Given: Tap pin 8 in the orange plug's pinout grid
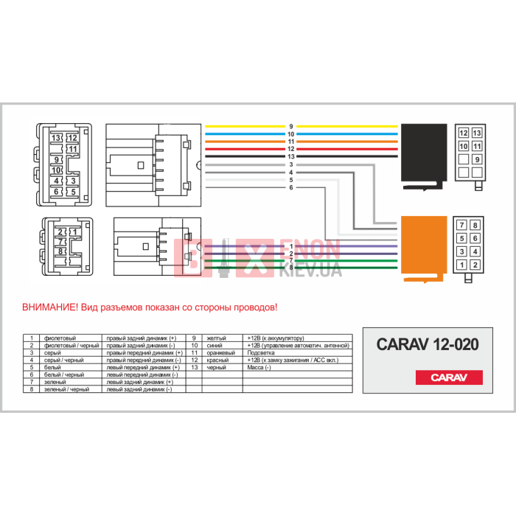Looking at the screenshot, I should (x=475, y=225).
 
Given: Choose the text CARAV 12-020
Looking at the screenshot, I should (x=428, y=344).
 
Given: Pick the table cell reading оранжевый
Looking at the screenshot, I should (x=221, y=352).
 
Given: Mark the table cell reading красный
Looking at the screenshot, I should (x=217, y=360).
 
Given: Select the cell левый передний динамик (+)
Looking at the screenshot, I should (x=142, y=367).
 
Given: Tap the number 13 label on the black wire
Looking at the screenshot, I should (x=291, y=156).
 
